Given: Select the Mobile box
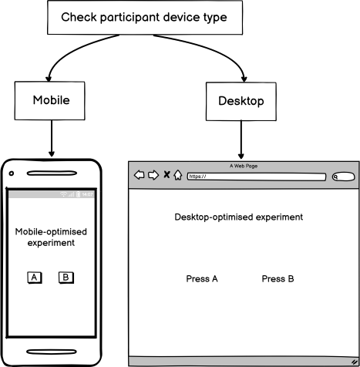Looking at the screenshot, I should pyautogui.click(x=52, y=100).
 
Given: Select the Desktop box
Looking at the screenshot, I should pyautogui.click(x=241, y=101).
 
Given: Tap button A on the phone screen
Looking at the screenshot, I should pyautogui.click(x=35, y=278).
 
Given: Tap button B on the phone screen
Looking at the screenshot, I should pyautogui.click(x=66, y=278).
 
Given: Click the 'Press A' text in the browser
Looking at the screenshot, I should pyautogui.click(x=202, y=278).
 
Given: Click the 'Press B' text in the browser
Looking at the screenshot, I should pyautogui.click(x=278, y=278).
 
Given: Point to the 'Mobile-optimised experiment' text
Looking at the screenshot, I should pyautogui.click(x=52, y=237).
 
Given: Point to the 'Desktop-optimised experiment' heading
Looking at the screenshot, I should pyautogui.click(x=238, y=217).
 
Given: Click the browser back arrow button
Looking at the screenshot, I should pyautogui.click(x=140, y=175).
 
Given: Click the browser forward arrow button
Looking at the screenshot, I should pyautogui.click(x=153, y=175).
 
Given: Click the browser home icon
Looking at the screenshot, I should pyautogui.click(x=177, y=175).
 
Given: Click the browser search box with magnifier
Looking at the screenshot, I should pyautogui.click(x=343, y=177).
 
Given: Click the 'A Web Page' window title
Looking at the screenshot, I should pyautogui.click(x=243, y=165).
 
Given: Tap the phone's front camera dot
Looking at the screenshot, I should pyautogui.click(x=12, y=173).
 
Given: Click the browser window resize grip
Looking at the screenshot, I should pyautogui.click(x=354, y=361).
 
